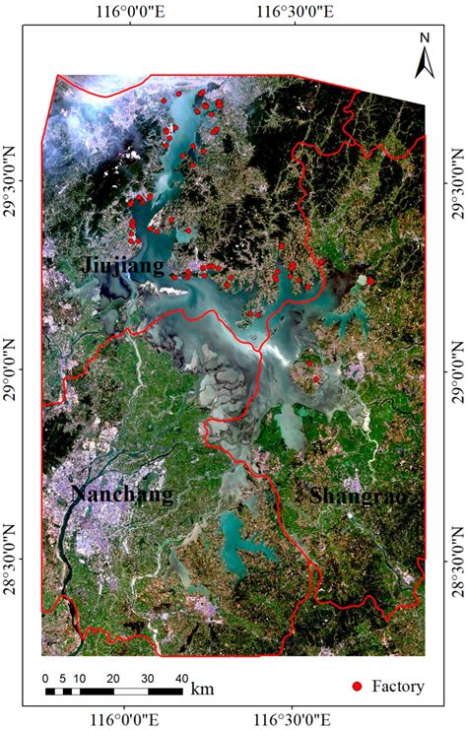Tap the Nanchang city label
(x=123, y=495)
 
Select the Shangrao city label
(x=356, y=497)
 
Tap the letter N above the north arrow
(x=425, y=38)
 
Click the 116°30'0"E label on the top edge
(x=293, y=13)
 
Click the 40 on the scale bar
(x=181, y=679)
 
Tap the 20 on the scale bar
(x=113, y=679)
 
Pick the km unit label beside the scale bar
(x=203, y=689)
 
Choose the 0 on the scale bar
(x=45, y=679)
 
